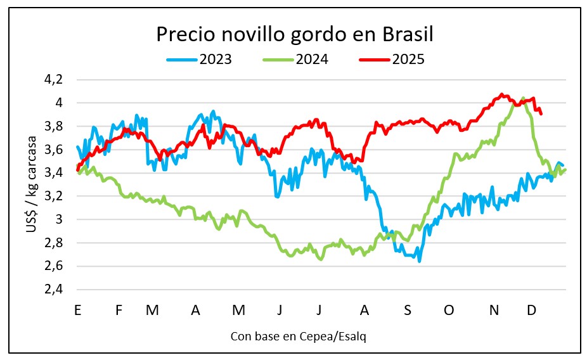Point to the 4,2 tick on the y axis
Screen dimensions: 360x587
pyautogui.click(x=55, y=79)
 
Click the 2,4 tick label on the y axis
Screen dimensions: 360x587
pyautogui.click(x=55, y=289)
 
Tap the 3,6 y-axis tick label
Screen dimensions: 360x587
pyautogui.click(x=55, y=150)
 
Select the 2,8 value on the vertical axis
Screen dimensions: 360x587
pyautogui.click(x=55, y=243)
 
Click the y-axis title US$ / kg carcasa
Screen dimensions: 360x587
pyautogui.click(x=31, y=184)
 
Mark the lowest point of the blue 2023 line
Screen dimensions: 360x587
pyautogui.click(x=420, y=261)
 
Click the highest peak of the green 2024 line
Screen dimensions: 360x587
pyautogui.click(x=523, y=98)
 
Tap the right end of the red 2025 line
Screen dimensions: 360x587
pyautogui.click(x=541, y=113)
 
